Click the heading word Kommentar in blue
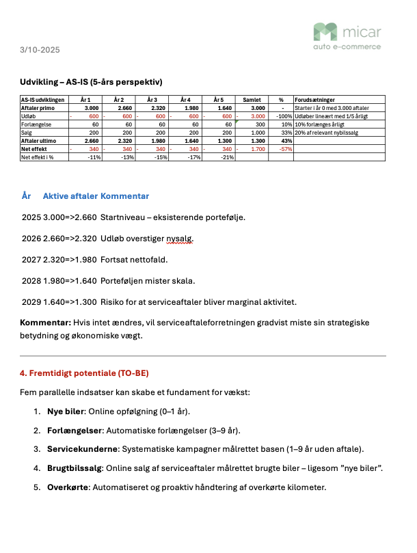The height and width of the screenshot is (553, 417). tap(125, 196)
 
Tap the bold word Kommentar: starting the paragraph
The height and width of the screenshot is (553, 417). tap(45, 322)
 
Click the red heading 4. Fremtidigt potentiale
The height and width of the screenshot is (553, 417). tap(84, 374)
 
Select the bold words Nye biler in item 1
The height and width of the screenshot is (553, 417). tap(66, 412)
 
